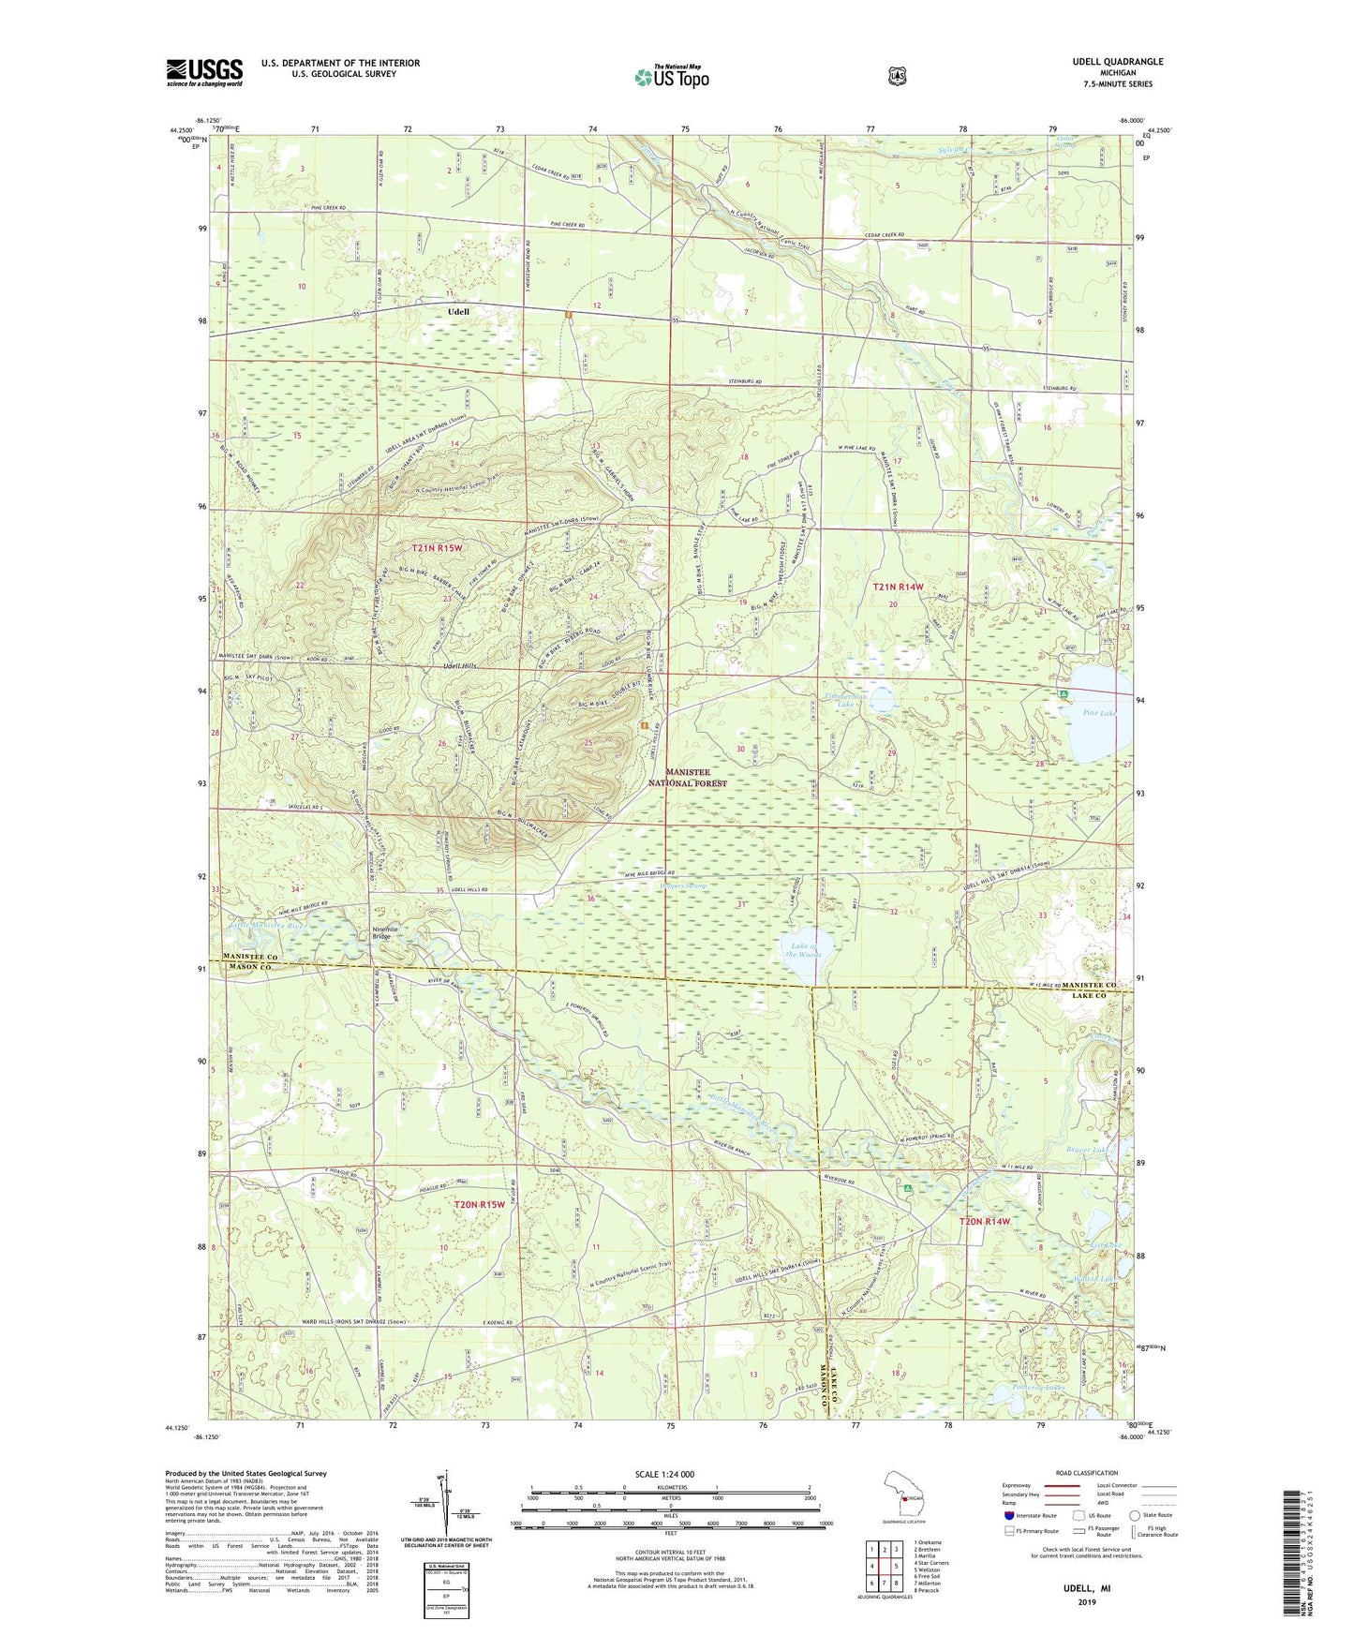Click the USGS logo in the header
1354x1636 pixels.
tap(204, 72)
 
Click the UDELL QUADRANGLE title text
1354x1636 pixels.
tap(1118, 62)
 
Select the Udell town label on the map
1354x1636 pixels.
tap(458, 310)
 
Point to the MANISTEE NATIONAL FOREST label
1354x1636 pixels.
tap(688, 777)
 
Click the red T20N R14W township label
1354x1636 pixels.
tap(985, 1222)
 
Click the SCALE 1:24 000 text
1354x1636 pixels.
tap(664, 1474)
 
